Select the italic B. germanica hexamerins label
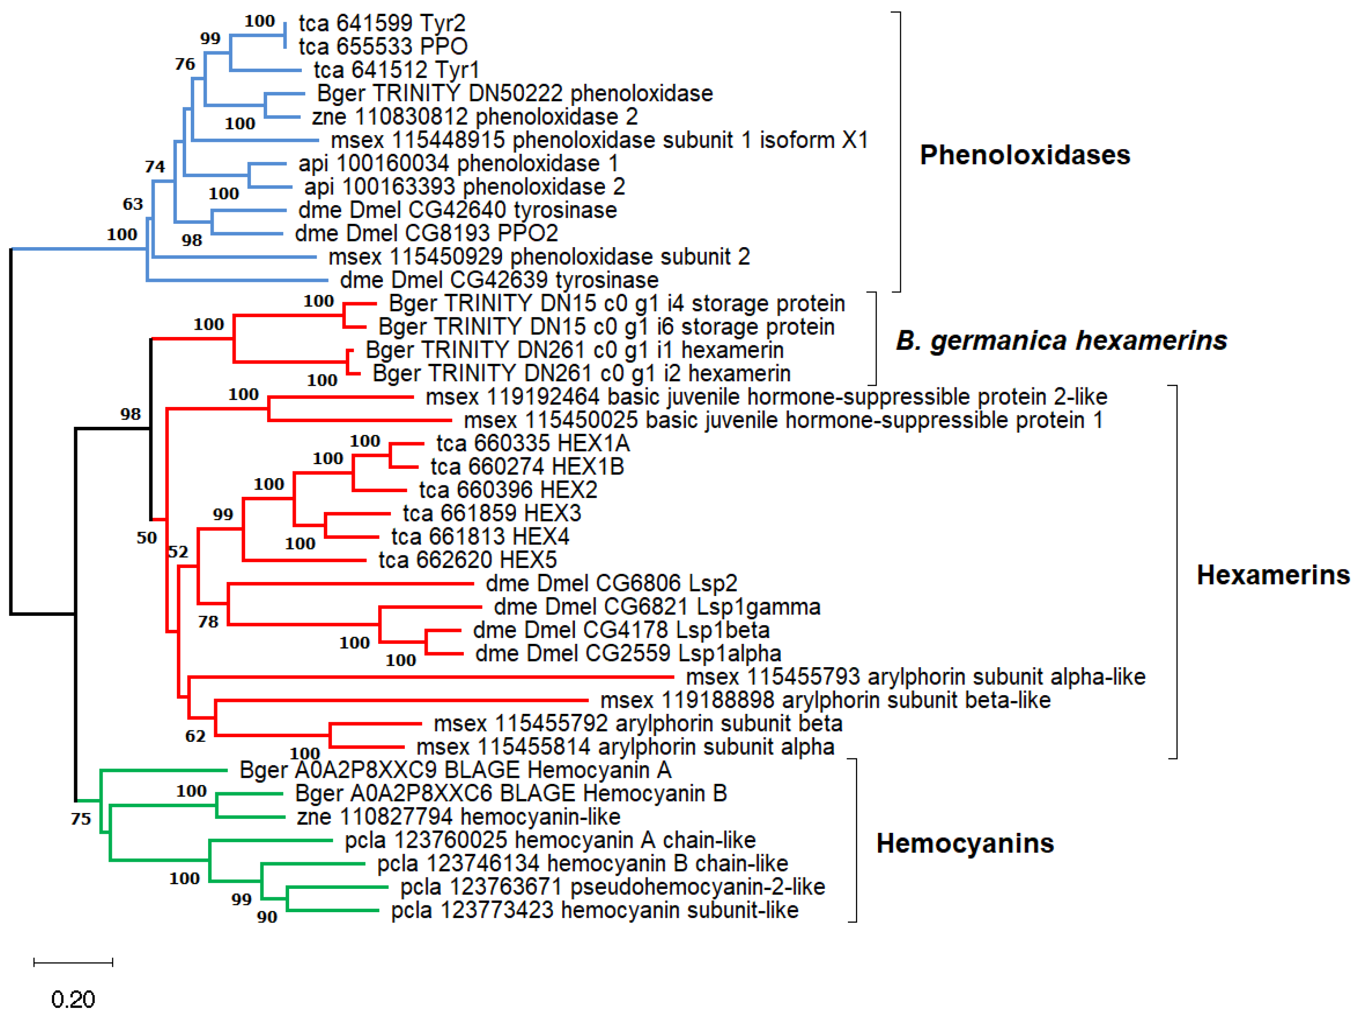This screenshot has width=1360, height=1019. point(1061,340)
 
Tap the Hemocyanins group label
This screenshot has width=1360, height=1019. point(964,843)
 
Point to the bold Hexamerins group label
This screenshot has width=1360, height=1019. point(1273,575)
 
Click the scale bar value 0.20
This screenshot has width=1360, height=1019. point(73,1000)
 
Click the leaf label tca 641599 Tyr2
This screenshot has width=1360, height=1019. point(382,23)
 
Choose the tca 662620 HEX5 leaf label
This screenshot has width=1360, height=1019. point(467,560)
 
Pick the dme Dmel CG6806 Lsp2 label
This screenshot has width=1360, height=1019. point(611,583)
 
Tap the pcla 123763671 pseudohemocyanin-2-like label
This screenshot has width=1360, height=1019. point(612,887)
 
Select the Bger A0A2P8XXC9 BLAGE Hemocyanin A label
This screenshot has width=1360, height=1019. point(455,770)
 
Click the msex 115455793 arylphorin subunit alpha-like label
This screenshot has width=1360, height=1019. point(915,677)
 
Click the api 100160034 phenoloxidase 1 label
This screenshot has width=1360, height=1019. point(458,164)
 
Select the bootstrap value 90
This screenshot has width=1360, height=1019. point(267,917)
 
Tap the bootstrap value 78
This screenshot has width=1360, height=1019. point(208,622)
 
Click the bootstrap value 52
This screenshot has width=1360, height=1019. point(178,551)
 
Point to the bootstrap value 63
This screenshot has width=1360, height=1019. point(133,204)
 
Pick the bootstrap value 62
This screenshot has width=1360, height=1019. point(195,736)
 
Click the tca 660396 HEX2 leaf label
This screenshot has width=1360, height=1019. point(508,490)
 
